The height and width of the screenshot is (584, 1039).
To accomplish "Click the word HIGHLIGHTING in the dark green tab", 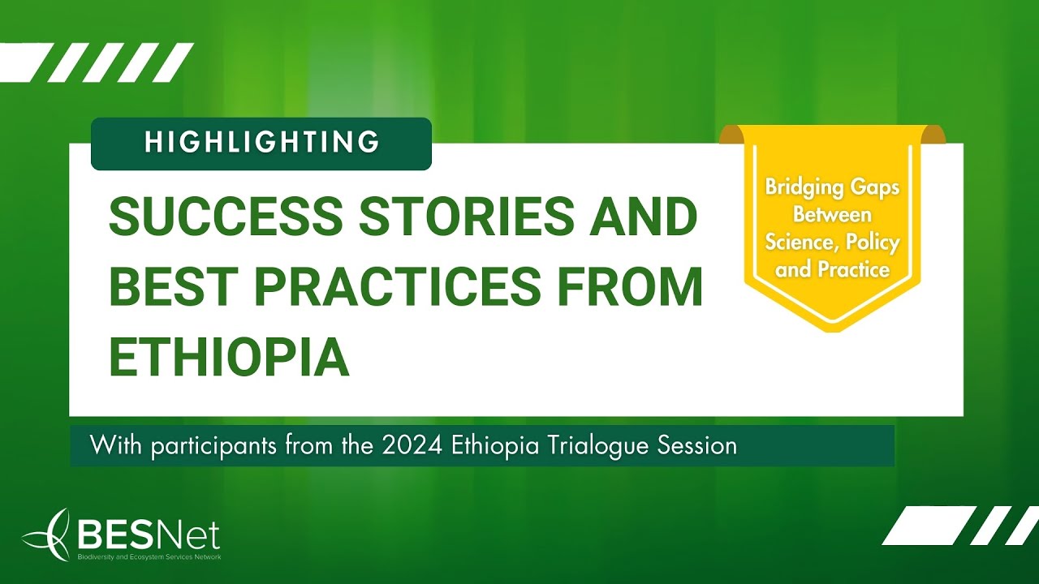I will (261, 143).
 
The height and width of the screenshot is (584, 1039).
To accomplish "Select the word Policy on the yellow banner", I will (873, 243).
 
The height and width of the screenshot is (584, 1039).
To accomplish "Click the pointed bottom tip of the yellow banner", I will (830, 328).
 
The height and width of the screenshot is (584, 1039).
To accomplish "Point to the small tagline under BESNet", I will (148, 556).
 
